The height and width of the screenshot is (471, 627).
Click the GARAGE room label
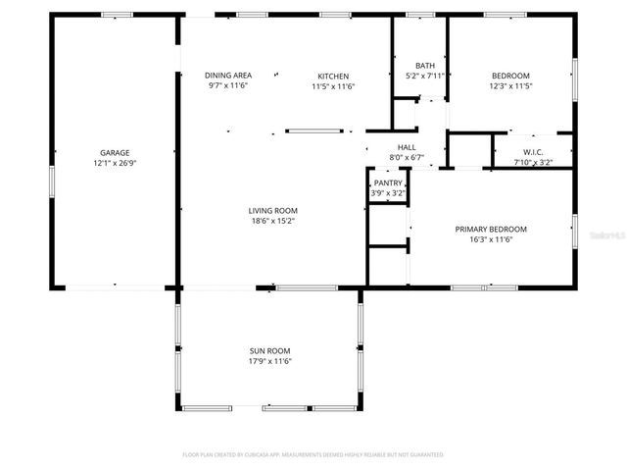click(x=115, y=153)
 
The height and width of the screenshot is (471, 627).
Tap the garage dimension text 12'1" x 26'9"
click(x=115, y=164)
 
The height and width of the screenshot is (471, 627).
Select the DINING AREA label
click(x=228, y=76)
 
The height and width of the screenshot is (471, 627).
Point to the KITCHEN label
click(x=333, y=76)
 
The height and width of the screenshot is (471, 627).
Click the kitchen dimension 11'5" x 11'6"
click(x=333, y=86)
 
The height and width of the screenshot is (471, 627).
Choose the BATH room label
click(x=425, y=65)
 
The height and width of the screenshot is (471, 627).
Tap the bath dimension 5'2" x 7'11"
click(x=425, y=76)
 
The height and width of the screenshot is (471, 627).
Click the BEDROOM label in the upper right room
click(x=510, y=76)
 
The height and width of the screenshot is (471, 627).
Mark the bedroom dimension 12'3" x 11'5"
click(x=510, y=86)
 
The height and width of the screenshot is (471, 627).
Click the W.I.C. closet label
click(x=533, y=151)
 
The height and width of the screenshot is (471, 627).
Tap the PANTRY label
click(x=388, y=183)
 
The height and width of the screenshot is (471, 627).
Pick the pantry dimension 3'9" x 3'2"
click(x=388, y=193)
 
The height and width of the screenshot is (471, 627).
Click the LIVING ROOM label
click(x=272, y=210)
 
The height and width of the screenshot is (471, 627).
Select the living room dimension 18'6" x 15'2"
click(x=272, y=221)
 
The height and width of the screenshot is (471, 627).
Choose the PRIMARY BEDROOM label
click(x=491, y=229)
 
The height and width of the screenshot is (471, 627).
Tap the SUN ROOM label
click(x=268, y=350)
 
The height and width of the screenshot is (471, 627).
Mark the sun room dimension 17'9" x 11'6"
click(x=268, y=361)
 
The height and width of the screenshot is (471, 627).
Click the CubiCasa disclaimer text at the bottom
click(x=313, y=455)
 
